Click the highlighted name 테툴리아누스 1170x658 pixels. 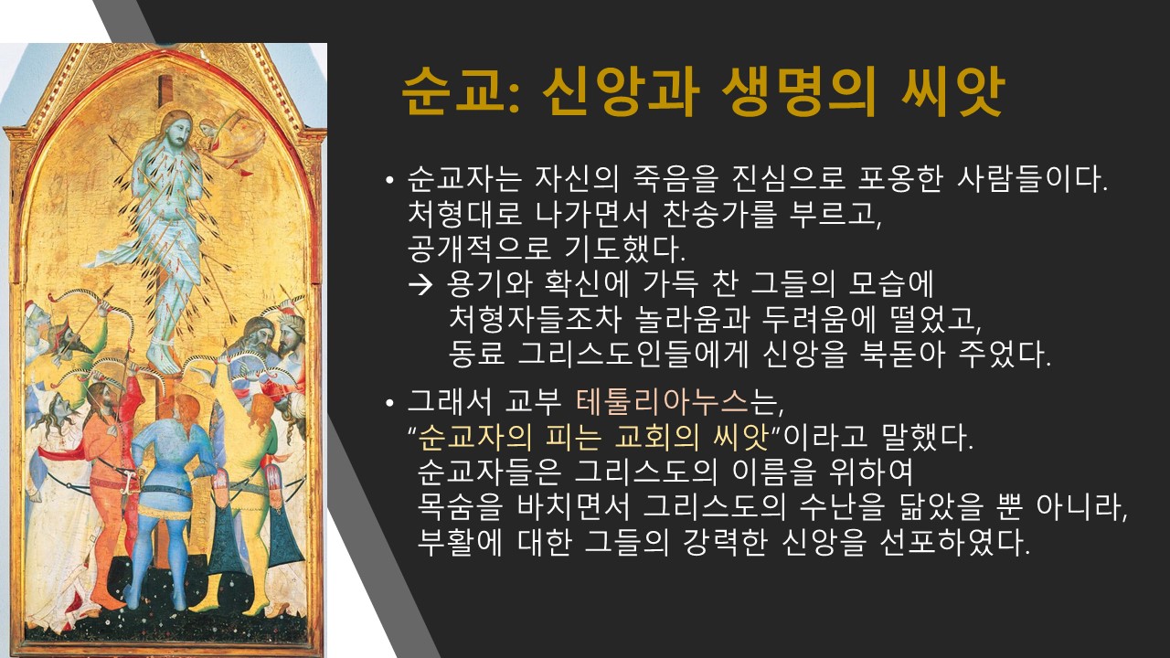point(662,401)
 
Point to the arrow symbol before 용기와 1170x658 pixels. point(420,284)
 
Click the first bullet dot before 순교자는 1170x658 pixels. point(388,181)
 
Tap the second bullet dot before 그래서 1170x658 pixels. point(388,404)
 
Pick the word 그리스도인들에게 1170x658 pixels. point(633,354)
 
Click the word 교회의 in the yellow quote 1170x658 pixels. point(656,437)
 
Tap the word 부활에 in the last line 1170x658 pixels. point(460,543)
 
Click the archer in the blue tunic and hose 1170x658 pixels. point(167,502)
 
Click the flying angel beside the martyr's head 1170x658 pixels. point(229,138)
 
